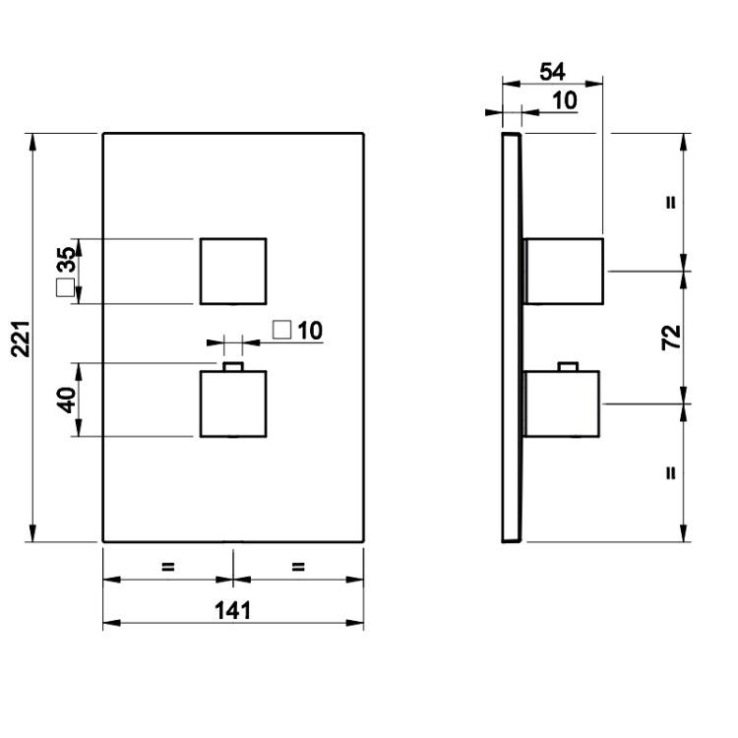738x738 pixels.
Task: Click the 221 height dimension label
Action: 22,338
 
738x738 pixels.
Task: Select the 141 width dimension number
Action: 233,610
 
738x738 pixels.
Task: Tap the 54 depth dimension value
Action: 552,72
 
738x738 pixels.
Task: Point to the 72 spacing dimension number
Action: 672,337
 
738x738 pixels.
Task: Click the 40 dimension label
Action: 67,400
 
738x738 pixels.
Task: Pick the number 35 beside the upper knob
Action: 66,260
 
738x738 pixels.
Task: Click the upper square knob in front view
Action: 233,272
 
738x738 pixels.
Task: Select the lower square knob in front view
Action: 233,403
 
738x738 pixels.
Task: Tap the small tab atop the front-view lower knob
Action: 233,367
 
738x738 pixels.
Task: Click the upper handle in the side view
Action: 564,272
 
